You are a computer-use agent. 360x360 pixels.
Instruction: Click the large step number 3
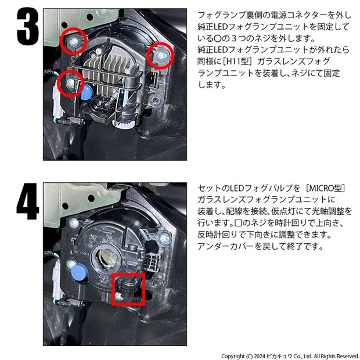28,27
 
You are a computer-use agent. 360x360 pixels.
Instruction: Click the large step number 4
28,201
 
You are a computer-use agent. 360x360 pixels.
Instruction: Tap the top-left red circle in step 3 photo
74,28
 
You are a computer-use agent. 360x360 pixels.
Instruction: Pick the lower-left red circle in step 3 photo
71,71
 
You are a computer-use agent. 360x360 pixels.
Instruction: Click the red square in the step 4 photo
128,275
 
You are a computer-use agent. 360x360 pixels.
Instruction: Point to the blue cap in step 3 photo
87,91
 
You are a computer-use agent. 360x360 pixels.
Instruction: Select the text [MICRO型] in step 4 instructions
326,188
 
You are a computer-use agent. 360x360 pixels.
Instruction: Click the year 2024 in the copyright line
260,356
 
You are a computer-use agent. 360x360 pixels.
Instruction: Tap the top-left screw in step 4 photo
74,222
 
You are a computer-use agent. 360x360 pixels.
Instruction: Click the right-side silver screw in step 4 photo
164,239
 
